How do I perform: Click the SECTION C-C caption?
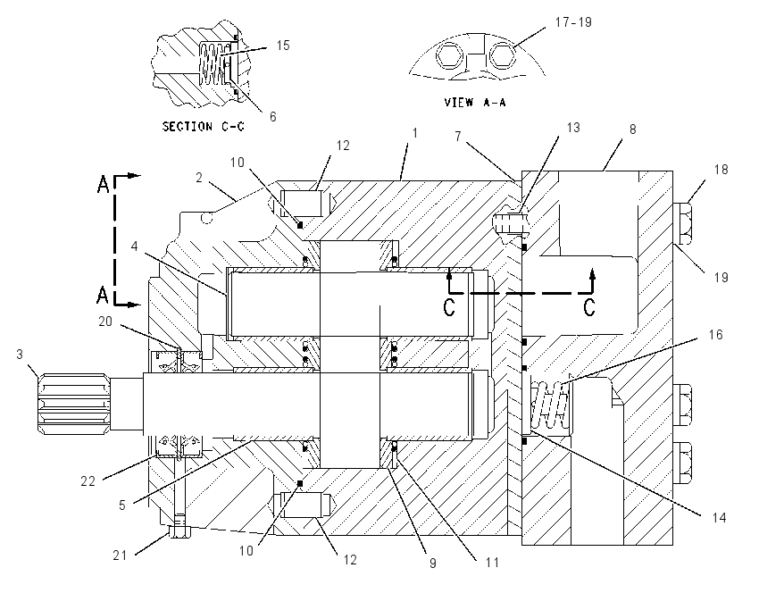coord(203,127)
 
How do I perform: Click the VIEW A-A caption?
coord(475,102)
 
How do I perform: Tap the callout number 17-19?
coord(573,22)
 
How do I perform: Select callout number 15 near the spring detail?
coord(283,45)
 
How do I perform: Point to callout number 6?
coord(273,117)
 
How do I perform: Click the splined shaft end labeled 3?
coord(72,403)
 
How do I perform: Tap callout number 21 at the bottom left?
coord(120,555)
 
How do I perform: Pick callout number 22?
coord(88,480)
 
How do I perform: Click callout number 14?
coord(720,517)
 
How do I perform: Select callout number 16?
coord(715,335)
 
